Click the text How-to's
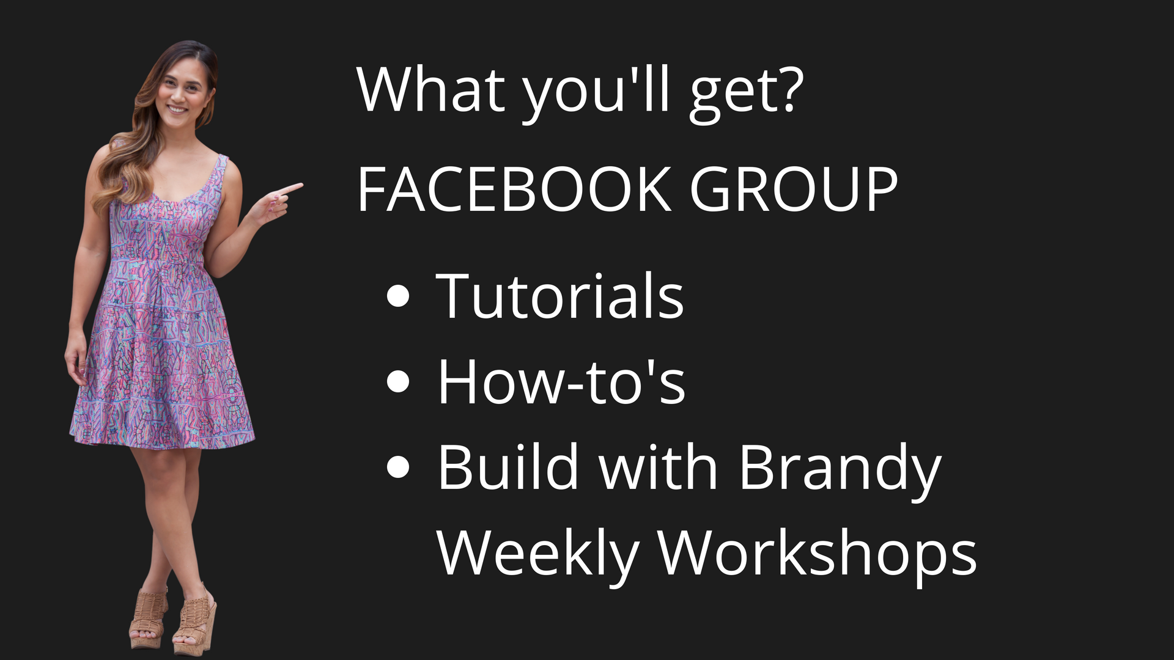pos(561,381)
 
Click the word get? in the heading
pos(743,95)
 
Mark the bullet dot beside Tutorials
pos(398,296)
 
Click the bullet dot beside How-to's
pos(398,382)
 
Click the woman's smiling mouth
pos(178,109)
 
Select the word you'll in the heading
pos(596,95)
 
